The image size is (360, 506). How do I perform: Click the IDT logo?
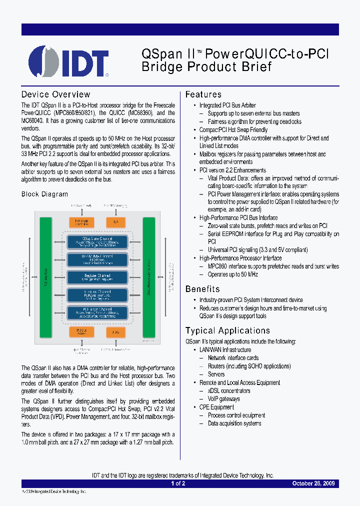click(x=68, y=61)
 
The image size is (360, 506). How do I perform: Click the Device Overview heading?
click(x=55, y=94)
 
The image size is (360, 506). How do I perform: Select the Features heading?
click(x=203, y=94)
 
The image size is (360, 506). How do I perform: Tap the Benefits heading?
click(x=202, y=289)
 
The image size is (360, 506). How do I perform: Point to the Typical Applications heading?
click(x=227, y=330)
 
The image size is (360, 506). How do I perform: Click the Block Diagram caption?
click(x=44, y=194)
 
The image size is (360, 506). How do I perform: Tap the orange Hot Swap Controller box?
click(x=81, y=222)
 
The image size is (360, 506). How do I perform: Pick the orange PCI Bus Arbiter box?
click(x=81, y=332)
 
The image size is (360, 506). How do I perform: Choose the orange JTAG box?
click(x=116, y=332)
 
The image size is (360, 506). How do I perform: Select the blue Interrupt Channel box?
click(x=97, y=295)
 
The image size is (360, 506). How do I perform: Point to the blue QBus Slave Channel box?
click(x=97, y=242)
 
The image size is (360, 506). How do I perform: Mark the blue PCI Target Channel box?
click(x=97, y=312)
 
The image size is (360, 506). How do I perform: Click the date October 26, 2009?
click(x=315, y=483)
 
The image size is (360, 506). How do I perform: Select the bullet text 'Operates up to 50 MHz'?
click(x=233, y=274)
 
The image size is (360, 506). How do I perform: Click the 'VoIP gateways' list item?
click(x=223, y=399)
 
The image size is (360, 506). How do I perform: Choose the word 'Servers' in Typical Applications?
click(x=216, y=374)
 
